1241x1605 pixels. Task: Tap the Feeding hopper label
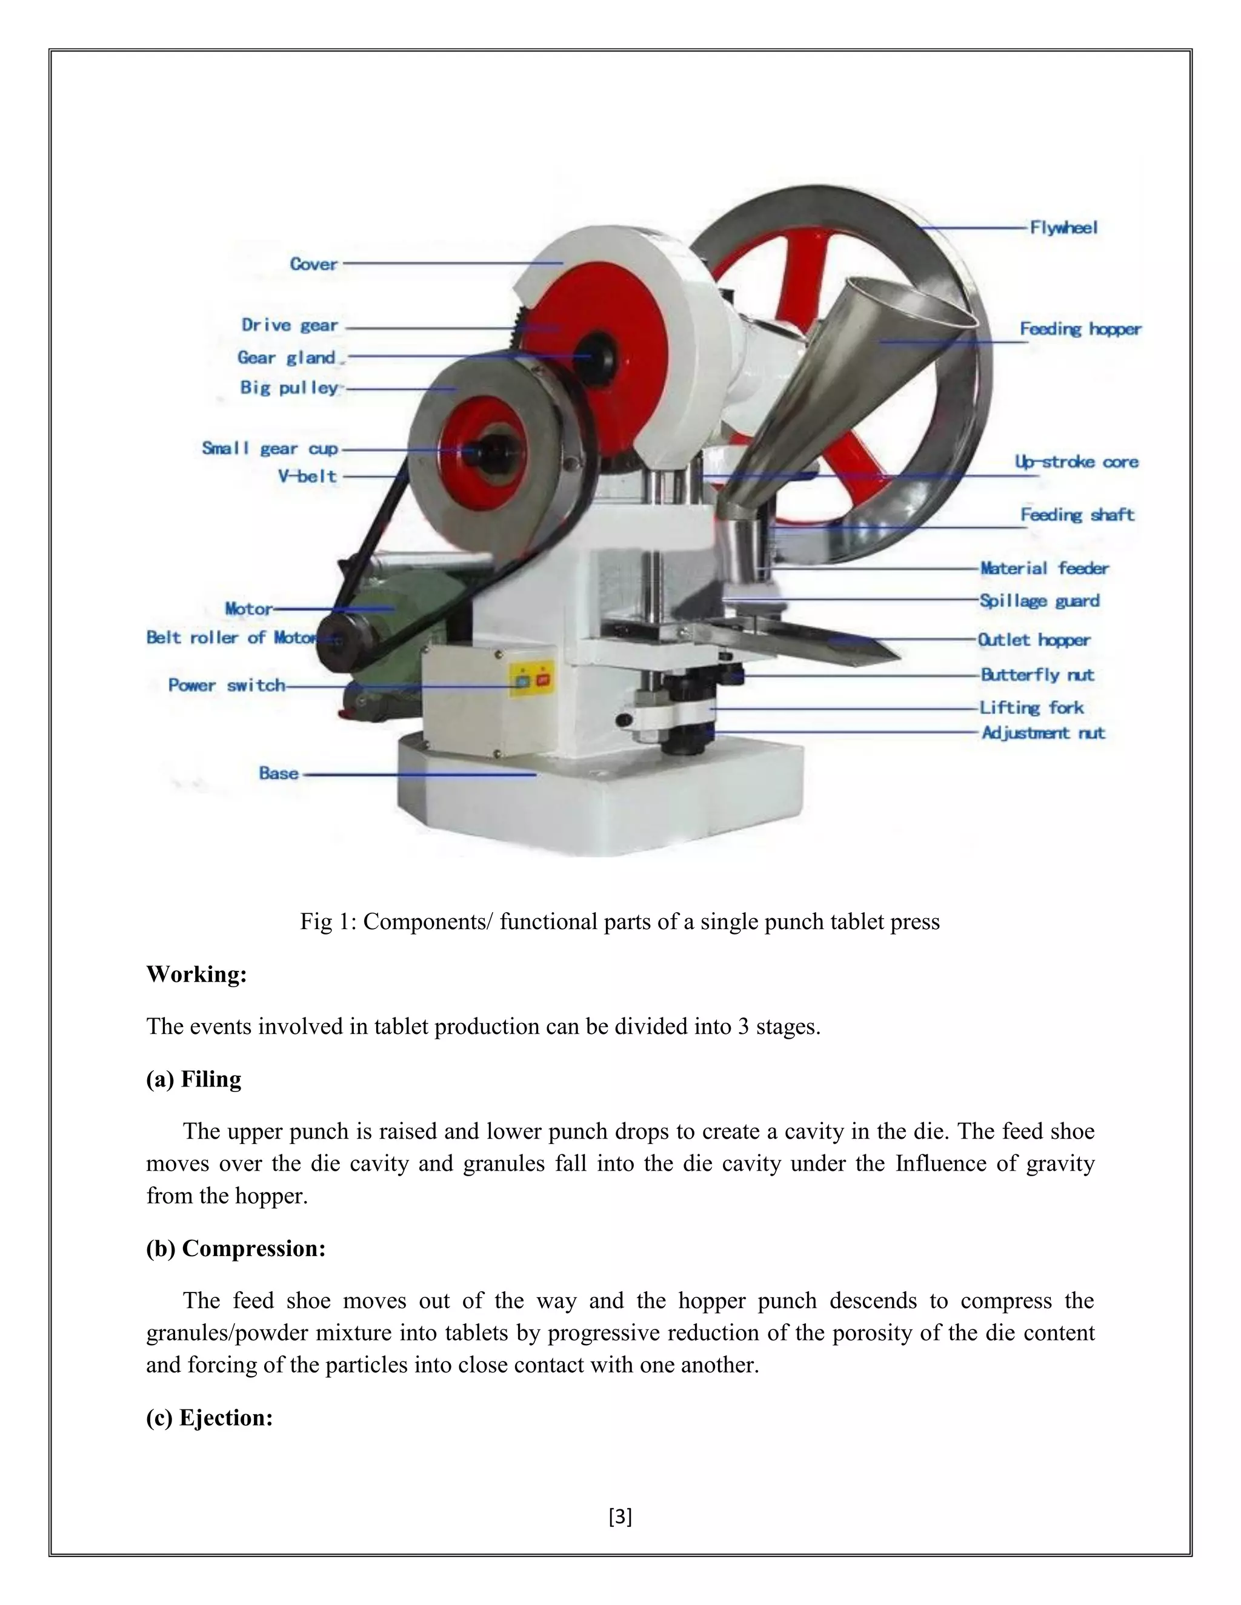(1080, 329)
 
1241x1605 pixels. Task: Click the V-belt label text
(307, 476)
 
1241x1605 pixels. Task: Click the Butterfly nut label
(1037, 675)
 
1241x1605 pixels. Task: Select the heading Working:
(196, 975)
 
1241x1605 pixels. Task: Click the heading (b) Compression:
(235, 1249)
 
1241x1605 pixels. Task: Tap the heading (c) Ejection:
(210, 1418)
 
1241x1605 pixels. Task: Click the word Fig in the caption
(313, 922)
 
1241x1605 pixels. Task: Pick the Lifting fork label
(1031, 707)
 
